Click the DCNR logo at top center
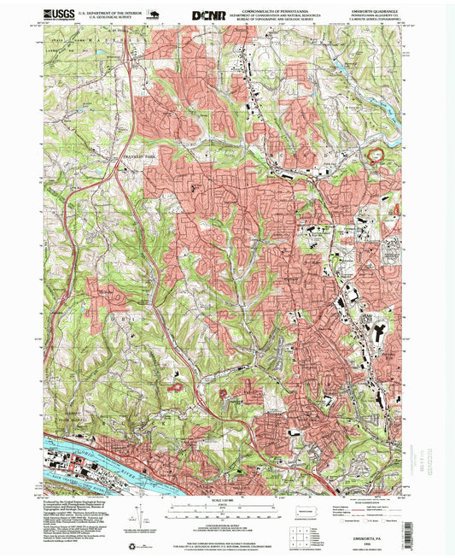(208, 15)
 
